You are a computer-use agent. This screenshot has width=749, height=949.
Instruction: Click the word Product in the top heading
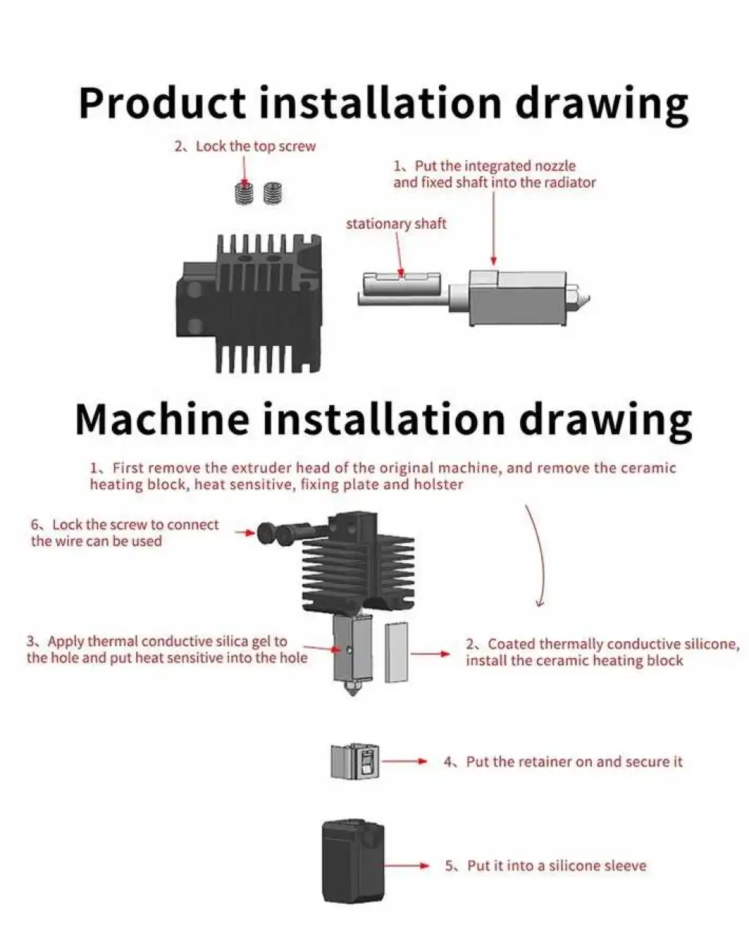coord(162,103)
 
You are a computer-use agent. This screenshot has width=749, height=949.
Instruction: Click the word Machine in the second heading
coord(162,419)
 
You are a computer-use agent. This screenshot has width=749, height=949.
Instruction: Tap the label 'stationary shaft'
coord(396,224)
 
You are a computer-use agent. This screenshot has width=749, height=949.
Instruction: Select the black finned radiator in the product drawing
coord(249,303)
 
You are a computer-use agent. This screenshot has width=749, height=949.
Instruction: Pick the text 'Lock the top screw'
coord(255,146)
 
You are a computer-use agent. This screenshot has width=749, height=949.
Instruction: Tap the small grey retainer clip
coord(355,761)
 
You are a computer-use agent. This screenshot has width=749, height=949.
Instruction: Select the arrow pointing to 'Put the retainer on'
coord(404,761)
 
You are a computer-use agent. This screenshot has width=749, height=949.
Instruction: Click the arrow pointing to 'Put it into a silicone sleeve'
coord(407,866)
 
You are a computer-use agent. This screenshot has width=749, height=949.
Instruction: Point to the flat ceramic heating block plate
coord(396,653)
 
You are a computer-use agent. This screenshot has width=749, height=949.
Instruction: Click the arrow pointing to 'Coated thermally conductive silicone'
coord(431,654)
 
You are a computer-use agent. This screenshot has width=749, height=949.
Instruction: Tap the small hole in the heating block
coord(350,649)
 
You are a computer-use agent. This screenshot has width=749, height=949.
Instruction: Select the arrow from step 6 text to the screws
coord(244,533)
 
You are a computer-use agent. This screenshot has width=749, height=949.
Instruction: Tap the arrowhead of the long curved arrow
coord(540,603)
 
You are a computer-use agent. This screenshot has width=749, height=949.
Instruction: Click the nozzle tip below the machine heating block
coord(352,691)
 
